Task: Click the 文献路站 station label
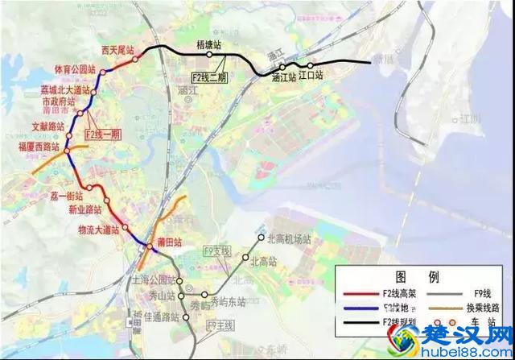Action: click(46, 126)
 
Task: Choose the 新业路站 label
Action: click(85, 210)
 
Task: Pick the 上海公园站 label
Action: click(152, 280)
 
